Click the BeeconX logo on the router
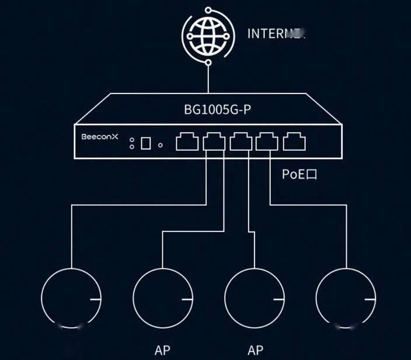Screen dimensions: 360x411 [x=100, y=136]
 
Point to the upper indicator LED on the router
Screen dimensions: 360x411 [x=132, y=140]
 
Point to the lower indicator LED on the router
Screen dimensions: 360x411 [x=132, y=147]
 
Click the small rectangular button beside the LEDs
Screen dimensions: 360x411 [x=147, y=143]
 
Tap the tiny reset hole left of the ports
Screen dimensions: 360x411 [x=161, y=143]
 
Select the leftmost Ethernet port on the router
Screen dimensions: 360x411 [x=187, y=142]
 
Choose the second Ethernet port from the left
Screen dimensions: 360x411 [x=213, y=142]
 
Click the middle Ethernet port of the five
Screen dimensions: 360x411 [x=240, y=142]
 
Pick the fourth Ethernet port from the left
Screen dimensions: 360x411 [x=267, y=142]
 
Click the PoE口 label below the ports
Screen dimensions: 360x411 [x=300, y=175]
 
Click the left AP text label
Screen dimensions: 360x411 [x=163, y=351]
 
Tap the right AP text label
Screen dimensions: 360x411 [x=255, y=351]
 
